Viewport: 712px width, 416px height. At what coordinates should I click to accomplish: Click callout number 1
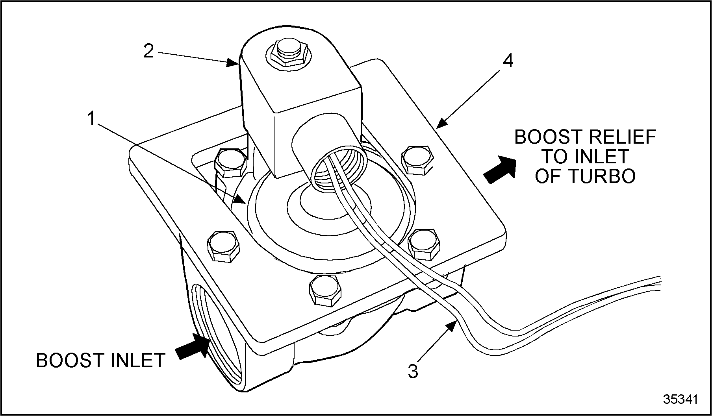[91, 118]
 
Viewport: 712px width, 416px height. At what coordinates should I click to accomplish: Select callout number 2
[148, 51]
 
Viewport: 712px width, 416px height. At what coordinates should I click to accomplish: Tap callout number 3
[413, 371]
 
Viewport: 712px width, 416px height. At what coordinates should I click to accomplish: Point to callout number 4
[508, 61]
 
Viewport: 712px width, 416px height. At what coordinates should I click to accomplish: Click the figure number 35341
[680, 399]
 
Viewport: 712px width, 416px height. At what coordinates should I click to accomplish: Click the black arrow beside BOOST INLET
[192, 346]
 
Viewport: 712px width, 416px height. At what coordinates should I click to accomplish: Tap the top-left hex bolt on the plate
[231, 162]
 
